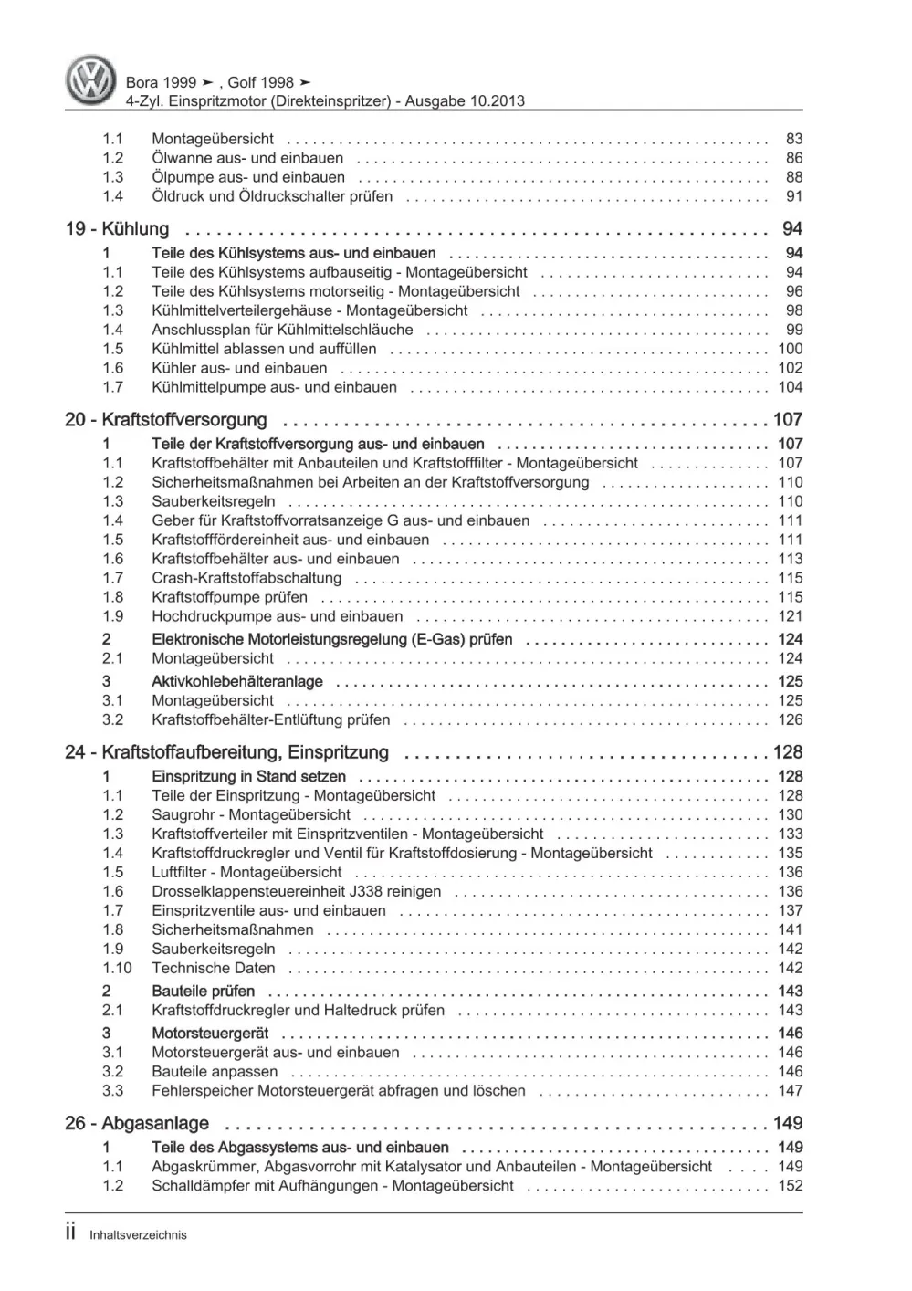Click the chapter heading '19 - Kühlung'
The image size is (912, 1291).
(x=117, y=229)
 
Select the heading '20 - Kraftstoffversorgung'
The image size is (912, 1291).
(x=166, y=420)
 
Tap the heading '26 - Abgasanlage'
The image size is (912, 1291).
(x=137, y=1124)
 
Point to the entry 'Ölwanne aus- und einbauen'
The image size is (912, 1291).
(x=247, y=158)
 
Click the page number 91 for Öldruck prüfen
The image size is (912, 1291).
(x=793, y=196)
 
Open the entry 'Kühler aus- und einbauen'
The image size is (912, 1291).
(x=239, y=368)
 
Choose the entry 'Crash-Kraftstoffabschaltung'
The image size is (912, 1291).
(x=246, y=578)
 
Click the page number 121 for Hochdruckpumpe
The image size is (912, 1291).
(x=790, y=616)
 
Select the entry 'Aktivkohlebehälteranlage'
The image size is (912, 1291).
(x=237, y=681)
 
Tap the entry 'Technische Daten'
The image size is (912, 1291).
(x=213, y=968)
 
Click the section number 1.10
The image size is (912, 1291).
(x=117, y=968)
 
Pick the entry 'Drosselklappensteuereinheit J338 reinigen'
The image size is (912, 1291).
(x=296, y=891)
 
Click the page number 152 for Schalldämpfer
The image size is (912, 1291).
(x=790, y=1186)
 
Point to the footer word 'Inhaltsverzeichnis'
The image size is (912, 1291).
(x=138, y=1235)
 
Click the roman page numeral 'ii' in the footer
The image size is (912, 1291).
(x=71, y=1233)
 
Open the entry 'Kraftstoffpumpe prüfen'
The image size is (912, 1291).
(x=229, y=597)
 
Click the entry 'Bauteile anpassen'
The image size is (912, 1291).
(x=215, y=1071)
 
